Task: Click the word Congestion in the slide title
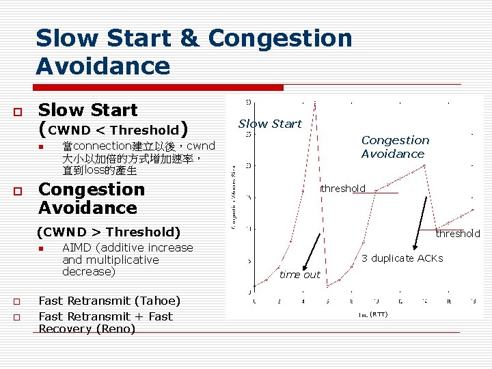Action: pyautogui.click(x=280, y=38)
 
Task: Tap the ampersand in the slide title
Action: pyautogui.click(x=188, y=38)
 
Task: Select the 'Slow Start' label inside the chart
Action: pyautogui.click(x=270, y=124)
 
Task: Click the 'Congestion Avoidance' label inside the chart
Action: pyautogui.click(x=395, y=147)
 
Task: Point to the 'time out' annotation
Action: pyautogui.click(x=299, y=275)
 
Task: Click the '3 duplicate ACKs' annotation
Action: pyautogui.click(x=402, y=258)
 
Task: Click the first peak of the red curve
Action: pyautogui.click(x=314, y=102)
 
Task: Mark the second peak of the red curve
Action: pyautogui.click(x=425, y=165)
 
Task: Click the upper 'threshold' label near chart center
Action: pyautogui.click(x=343, y=189)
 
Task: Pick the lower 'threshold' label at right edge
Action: pyautogui.click(x=458, y=234)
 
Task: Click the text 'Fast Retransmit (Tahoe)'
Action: pyautogui.click(x=109, y=301)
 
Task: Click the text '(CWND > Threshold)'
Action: pyautogui.click(x=109, y=232)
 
